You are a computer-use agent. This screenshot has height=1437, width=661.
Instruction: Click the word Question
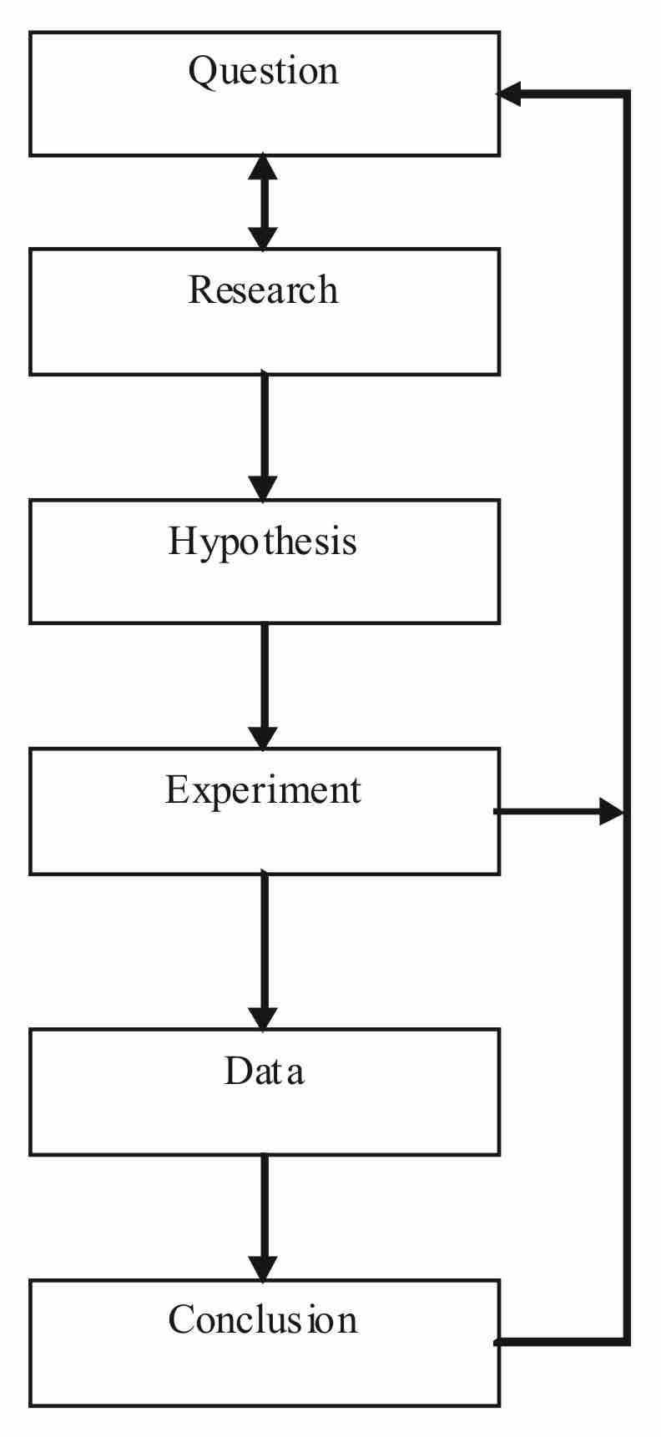click(x=263, y=72)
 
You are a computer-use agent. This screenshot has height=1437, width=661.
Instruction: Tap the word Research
click(x=263, y=290)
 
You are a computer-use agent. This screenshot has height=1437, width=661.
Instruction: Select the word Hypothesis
click(x=263, y=542)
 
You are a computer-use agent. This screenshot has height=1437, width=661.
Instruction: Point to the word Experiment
click(x=263, y=790)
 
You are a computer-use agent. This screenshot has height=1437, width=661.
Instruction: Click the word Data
click(x=264, y=1071)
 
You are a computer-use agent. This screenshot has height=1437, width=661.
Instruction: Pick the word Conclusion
click(x=263, y=1320)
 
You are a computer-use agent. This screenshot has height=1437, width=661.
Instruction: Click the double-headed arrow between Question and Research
click(x=264, y=202)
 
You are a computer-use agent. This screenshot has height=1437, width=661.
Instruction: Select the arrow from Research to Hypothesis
click(x=264, y=434)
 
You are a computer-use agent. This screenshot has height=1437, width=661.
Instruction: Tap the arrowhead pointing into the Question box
click(x=510, y=93)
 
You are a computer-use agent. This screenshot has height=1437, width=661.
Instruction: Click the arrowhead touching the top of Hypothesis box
click(x=264, y=488)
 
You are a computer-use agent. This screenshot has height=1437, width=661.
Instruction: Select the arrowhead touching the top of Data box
click(x=264, y=1018)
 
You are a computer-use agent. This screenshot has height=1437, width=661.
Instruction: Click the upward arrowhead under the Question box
click(x=264, y=167)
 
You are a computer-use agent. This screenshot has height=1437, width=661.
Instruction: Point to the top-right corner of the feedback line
click(x=626, y=94)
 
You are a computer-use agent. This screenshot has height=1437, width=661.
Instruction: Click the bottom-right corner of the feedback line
click(x=626, y=1342)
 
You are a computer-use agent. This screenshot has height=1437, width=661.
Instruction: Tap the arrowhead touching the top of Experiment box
click(x=264, y=738)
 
